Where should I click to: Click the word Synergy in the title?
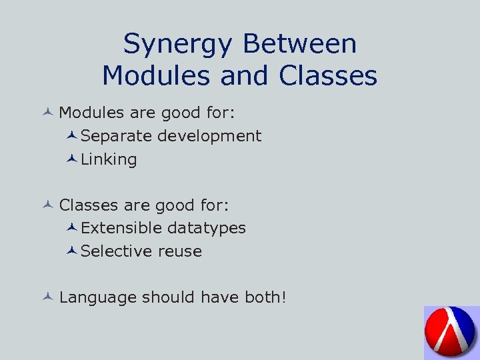[178, 45]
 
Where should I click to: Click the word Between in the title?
[299, 44]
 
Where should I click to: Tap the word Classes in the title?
[328, 76]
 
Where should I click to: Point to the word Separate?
[116, 136]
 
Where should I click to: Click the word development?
[209, 137]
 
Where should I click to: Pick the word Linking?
[109, 160]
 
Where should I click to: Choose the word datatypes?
[206, 229]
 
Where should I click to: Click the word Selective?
[117, 251]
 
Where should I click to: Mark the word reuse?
[180, 251]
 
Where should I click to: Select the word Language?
[98, 297]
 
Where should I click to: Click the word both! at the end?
[265, 297]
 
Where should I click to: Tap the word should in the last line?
[164, 297]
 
